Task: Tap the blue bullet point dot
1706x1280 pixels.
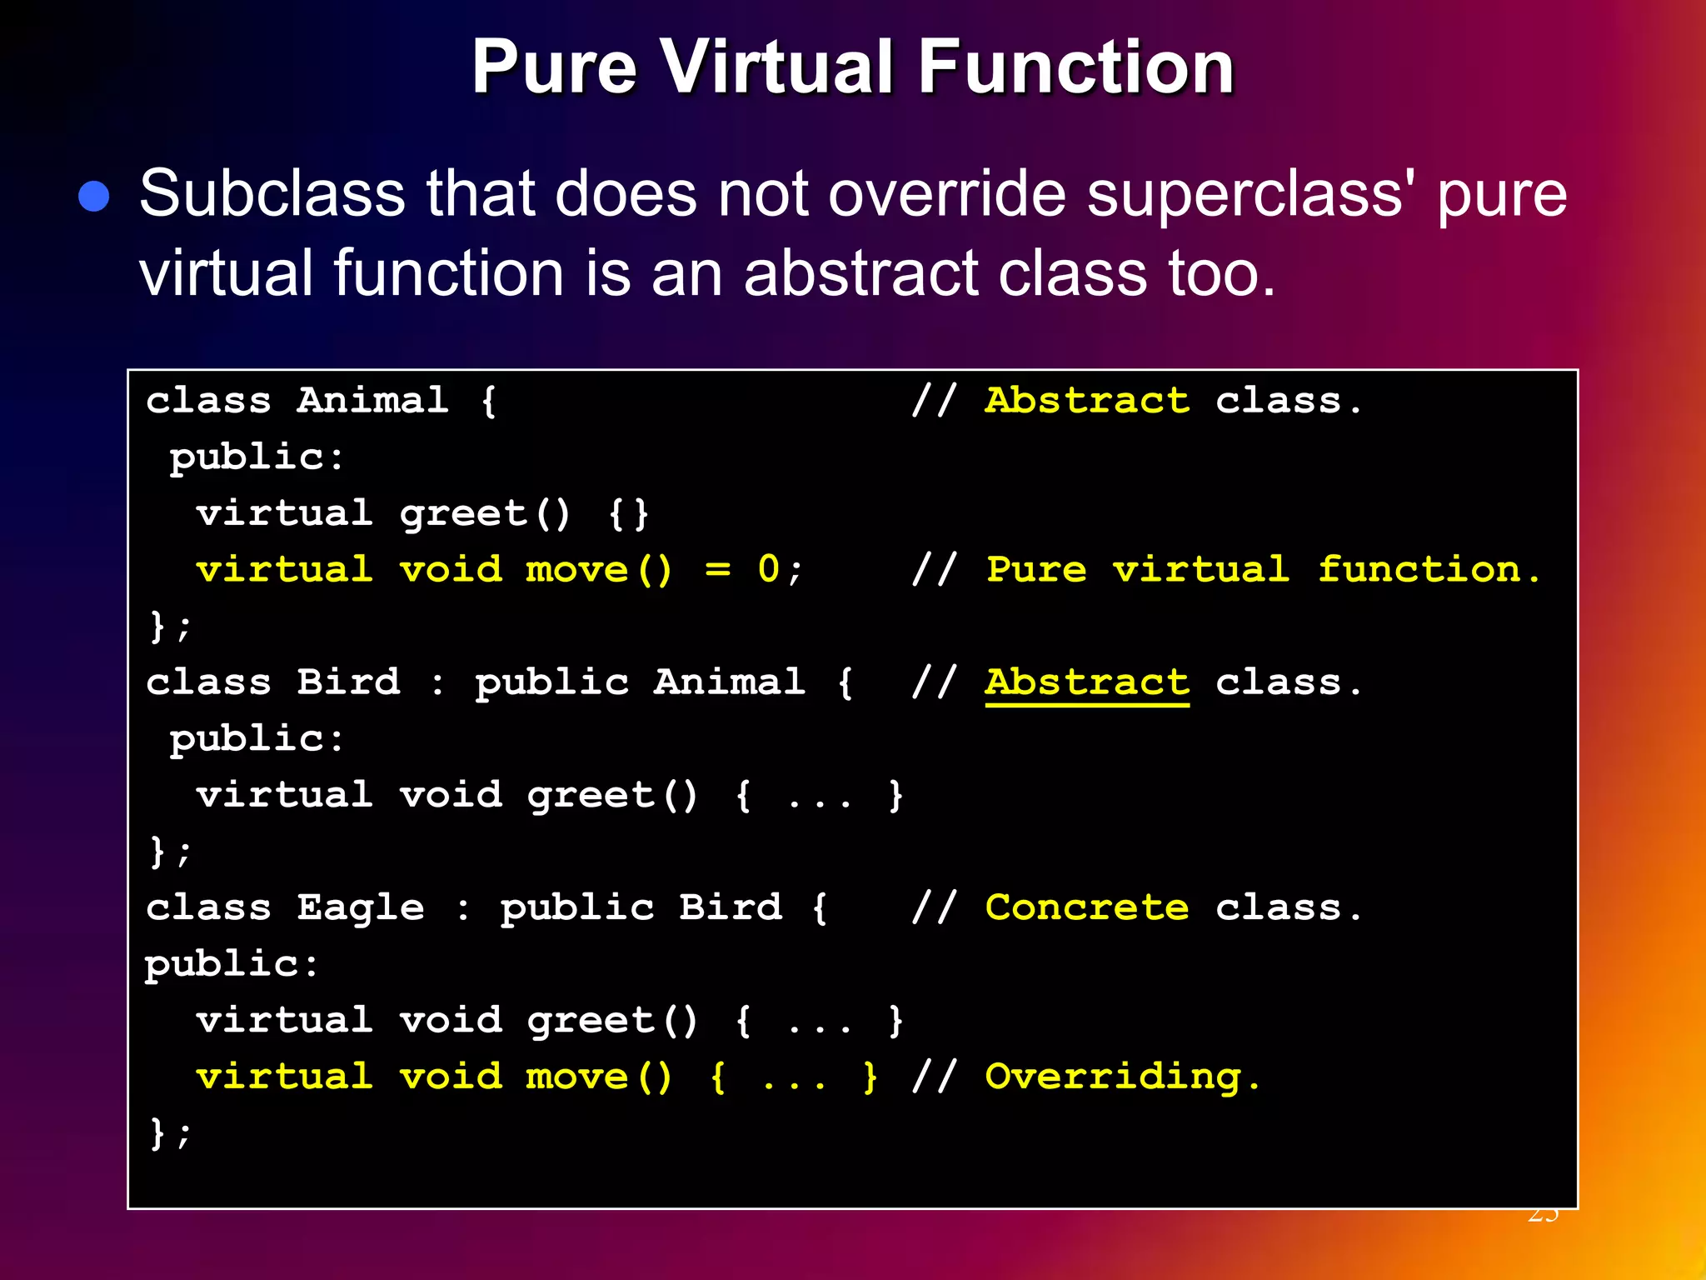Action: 94,197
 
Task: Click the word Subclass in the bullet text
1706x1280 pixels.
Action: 272,194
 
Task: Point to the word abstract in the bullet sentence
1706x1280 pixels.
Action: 860,273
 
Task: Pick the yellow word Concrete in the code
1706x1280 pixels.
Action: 1087,908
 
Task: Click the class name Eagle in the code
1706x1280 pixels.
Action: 361,908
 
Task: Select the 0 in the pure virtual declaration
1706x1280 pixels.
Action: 768,570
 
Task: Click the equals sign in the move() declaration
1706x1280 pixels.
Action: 717,570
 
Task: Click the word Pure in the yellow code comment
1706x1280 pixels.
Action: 1036,570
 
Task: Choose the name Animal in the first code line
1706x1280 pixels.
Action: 373,402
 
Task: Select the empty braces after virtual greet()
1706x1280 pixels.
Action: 628,514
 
